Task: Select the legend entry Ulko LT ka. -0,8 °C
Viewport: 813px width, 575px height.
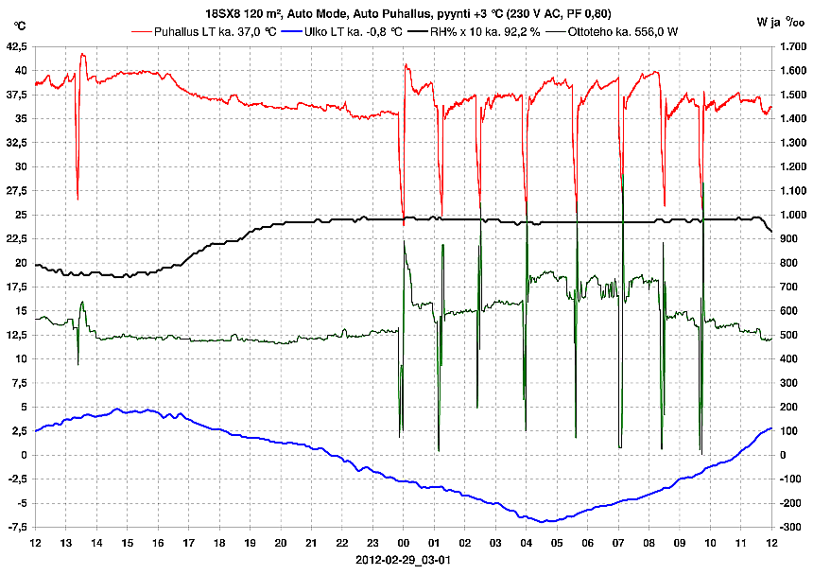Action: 349,31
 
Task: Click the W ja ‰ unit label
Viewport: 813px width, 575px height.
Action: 781,20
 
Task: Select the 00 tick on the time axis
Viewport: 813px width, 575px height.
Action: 404,543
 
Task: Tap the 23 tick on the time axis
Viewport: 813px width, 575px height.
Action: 372,543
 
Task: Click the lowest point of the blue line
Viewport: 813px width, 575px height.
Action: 543,521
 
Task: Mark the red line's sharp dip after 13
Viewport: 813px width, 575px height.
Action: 78,199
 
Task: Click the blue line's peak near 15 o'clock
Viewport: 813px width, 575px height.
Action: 116,409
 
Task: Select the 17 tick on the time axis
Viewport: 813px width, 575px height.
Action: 188,543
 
